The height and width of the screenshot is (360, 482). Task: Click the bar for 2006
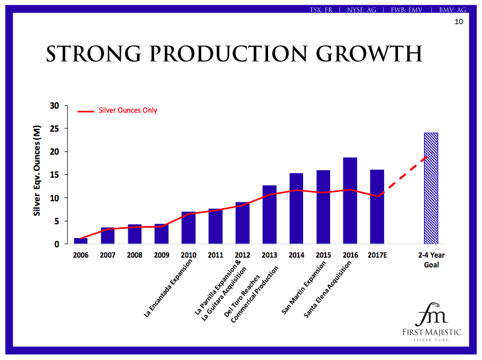pos(81,241)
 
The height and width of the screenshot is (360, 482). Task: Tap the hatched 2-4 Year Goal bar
pos(431,188)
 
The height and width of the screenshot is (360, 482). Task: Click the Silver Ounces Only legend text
pos(128,110)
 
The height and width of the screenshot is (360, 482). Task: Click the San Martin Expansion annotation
pos(305,288)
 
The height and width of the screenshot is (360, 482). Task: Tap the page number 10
pos(458,22)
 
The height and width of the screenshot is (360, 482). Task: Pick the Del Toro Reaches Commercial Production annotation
pos(254,294)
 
